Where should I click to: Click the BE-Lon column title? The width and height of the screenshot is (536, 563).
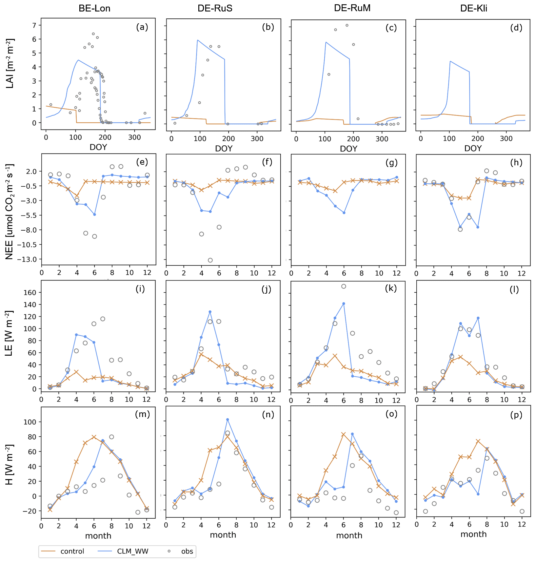click(94, 8)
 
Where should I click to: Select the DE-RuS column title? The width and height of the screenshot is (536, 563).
click(215, 8)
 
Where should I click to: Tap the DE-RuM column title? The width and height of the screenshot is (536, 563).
click(352, 8)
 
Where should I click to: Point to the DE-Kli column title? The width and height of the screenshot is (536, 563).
click(473, 8)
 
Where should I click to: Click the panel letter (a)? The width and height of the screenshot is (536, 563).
click(142, 27)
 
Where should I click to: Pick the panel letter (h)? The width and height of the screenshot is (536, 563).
click(516, 162)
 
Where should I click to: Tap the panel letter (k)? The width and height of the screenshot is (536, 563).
click(391, 288)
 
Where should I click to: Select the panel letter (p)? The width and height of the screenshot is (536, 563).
click(516, 415)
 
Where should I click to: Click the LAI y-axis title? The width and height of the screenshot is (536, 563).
click(10, 63)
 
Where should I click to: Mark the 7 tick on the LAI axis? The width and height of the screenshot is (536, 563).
click(34, 25)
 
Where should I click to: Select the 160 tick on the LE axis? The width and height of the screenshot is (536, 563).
click(30, 292)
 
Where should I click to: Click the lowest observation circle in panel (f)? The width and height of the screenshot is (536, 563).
click(210, 260)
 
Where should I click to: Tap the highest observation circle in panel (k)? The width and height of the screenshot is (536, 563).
click(344, 286)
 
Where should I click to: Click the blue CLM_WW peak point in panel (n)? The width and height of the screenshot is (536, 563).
click(228, 419)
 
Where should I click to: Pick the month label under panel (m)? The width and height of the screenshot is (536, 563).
click(98, 536)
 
